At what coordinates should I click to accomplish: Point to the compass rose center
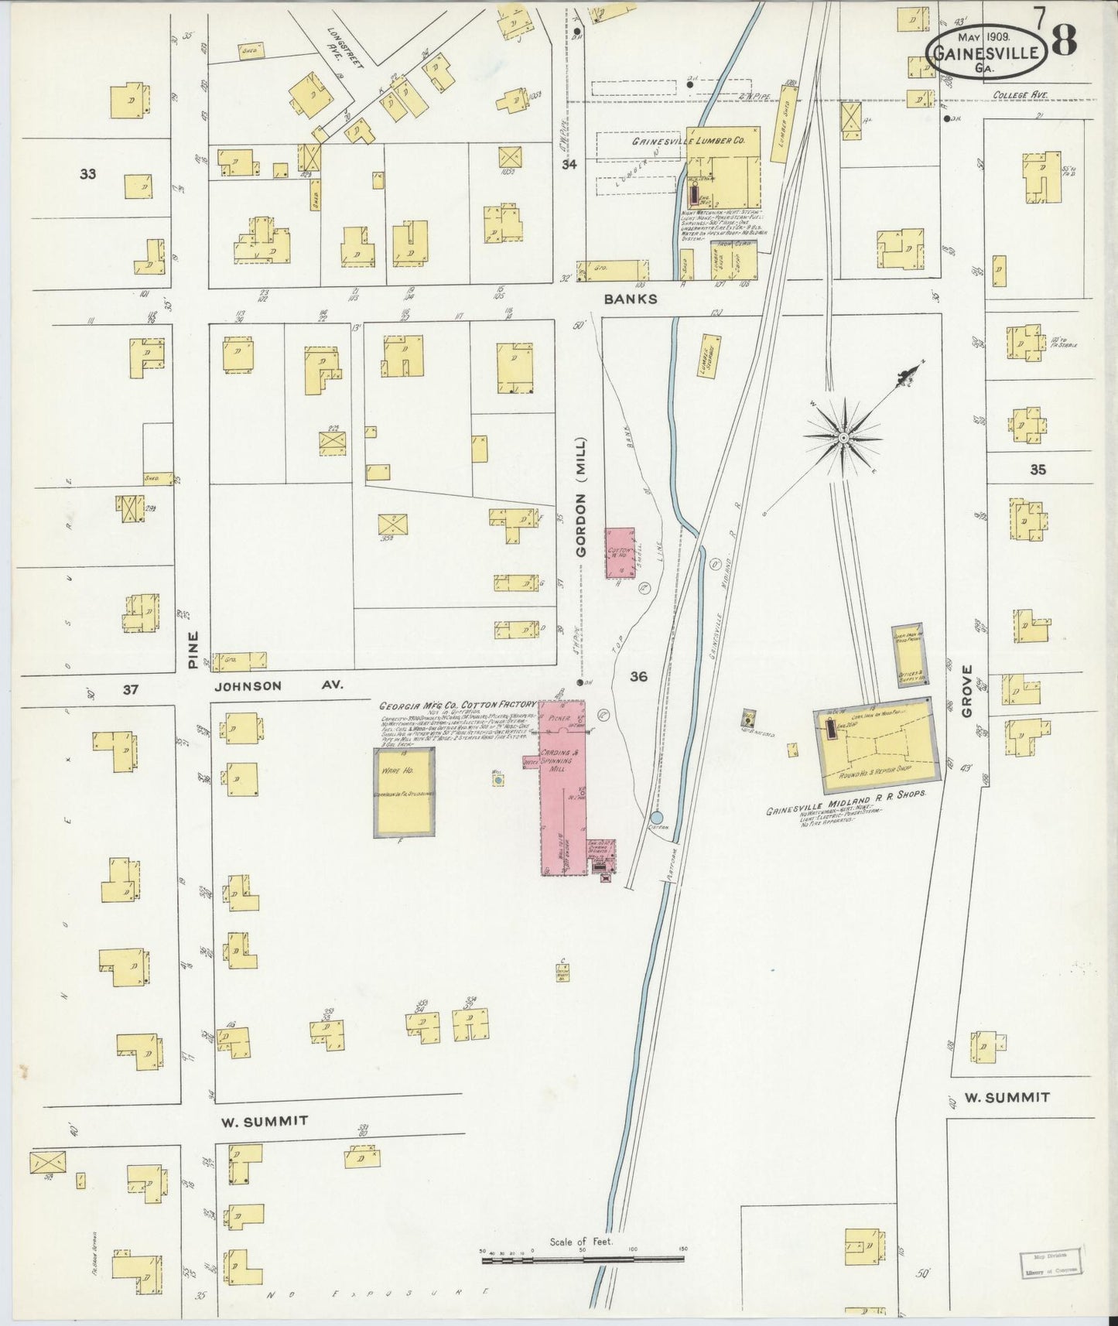(842, 438)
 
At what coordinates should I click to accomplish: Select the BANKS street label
(631, 299)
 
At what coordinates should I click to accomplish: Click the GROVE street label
(966, 690)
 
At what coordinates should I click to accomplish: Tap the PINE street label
(193, 650)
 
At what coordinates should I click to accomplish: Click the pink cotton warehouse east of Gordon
(620, 552)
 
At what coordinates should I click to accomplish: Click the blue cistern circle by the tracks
(656, 817)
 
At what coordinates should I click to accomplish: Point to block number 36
(638, 677)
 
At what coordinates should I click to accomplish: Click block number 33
(87, 174)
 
